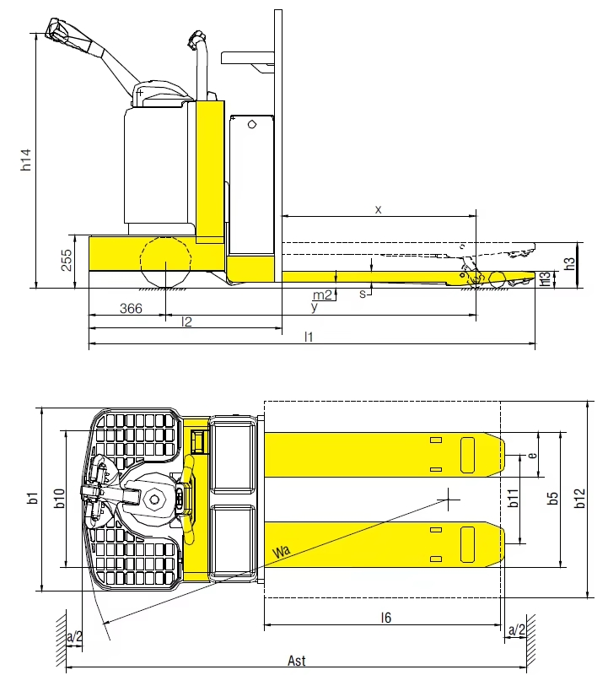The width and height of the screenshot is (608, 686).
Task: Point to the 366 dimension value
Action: tap(130, 309)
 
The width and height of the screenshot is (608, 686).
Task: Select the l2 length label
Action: tap(186, 321)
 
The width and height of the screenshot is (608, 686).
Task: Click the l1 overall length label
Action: tap(309, 337)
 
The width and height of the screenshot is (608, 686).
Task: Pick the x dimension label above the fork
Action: tap(378, 208)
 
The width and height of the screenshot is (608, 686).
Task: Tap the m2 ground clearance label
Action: tap(321, 295)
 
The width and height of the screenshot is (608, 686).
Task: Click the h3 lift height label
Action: tap(570, 263)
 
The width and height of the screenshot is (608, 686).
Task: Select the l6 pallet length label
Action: tap(385, 618)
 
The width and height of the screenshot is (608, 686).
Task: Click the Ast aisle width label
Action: tap(296, 661)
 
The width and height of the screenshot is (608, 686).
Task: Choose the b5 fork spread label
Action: tap(552, 498)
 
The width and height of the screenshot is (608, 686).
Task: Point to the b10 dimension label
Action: tap(60, 498)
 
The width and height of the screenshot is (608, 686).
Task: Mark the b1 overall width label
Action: tap(32, 498)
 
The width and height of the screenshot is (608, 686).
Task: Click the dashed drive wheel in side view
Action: tap(167, 262)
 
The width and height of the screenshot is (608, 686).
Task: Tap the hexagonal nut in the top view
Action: tap(156, 498)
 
